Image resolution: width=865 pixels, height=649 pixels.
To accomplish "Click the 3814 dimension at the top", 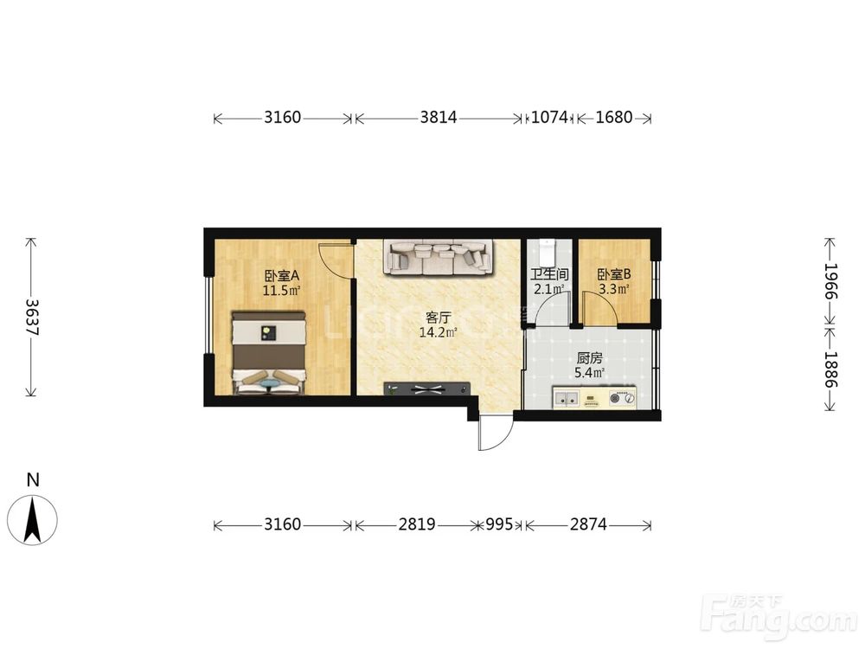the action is tap(439, 117).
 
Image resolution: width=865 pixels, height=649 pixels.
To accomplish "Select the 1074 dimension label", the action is tap(549, 117).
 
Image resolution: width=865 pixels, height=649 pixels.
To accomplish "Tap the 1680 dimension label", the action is tap(614, 117).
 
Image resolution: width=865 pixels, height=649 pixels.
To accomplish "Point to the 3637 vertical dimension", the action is tap(31, 318).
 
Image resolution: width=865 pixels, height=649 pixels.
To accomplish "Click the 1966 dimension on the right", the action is tap(830, 281).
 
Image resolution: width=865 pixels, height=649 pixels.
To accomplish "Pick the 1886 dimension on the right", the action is tap(830, 369).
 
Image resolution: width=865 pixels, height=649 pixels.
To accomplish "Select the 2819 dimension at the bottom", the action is tap(417, 524).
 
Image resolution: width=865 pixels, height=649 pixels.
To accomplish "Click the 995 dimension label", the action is tap(499, 524).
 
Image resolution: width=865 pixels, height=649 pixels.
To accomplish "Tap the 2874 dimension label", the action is tap(588, 524).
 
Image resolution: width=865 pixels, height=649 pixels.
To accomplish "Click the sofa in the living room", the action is tap(438, 258).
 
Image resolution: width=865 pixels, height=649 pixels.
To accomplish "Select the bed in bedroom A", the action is tap(269, 353).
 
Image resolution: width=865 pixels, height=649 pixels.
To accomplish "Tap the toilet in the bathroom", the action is tap(547, 252).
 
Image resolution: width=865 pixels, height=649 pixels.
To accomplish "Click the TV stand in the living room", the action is tap(427, 389).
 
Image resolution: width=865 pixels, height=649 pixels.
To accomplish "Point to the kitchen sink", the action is tap(567, 397).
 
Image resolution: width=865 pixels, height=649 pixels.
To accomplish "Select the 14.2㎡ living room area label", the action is tap(438, 332).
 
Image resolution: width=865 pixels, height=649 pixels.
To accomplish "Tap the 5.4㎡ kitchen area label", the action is tap(590, 372).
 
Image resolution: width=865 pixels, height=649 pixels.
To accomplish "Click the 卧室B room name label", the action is tap(614, 274).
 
